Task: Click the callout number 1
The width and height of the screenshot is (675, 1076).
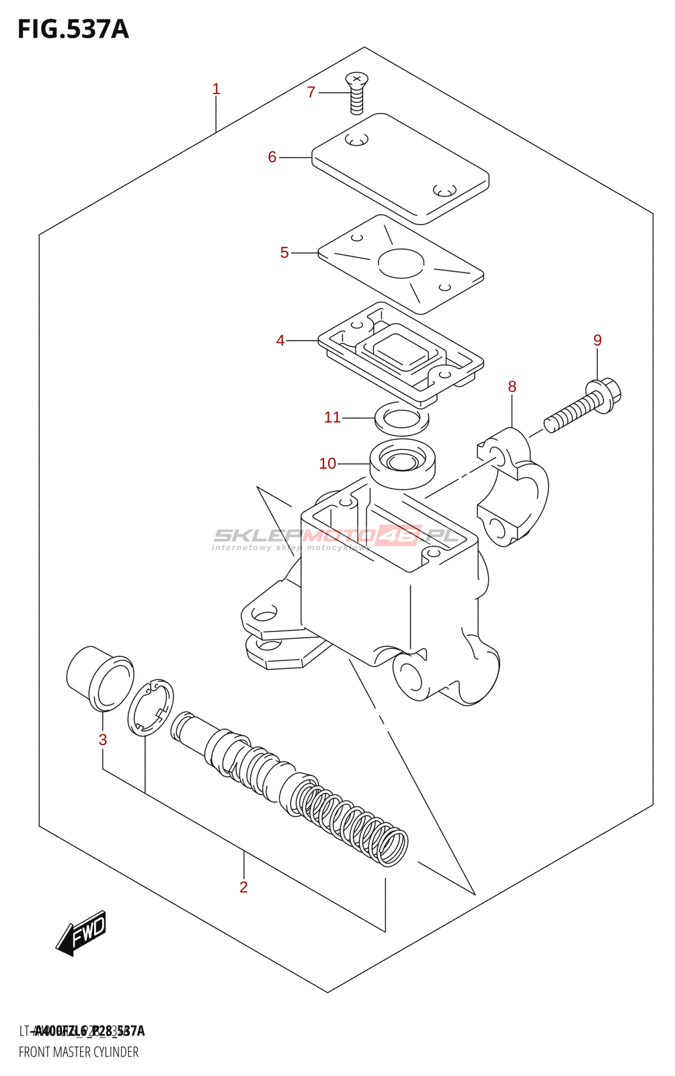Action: click(x=216, y=89)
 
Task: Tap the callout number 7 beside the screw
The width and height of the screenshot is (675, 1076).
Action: click(x=311, y=92)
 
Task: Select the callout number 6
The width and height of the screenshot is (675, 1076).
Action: click(x=272, y=157)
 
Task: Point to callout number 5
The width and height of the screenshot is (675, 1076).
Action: click(x=284, y=253)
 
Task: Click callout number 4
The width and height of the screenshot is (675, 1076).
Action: click(x=280, y=341)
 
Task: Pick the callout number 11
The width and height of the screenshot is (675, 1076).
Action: click(x=332, y=418)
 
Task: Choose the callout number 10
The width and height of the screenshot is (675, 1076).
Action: click(x=327, y=464)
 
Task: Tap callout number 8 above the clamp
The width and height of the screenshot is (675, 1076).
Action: click(x=512, y=387)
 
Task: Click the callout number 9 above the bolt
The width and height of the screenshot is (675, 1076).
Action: click(x=597, y=340)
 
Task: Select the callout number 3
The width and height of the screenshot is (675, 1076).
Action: click(x=103, y=740)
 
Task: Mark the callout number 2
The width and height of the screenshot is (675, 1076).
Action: click(x=243, y=887)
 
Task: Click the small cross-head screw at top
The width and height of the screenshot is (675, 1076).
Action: click(x=357, y=93)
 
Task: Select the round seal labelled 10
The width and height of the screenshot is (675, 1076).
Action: click(x=403, y=463)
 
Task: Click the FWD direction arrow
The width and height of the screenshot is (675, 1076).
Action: click(x=81, y=933)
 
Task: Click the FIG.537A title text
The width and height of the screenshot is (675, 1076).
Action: click(x=73, y=30)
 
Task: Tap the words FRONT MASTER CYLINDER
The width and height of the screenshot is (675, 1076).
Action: click(x=79, y=1052)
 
